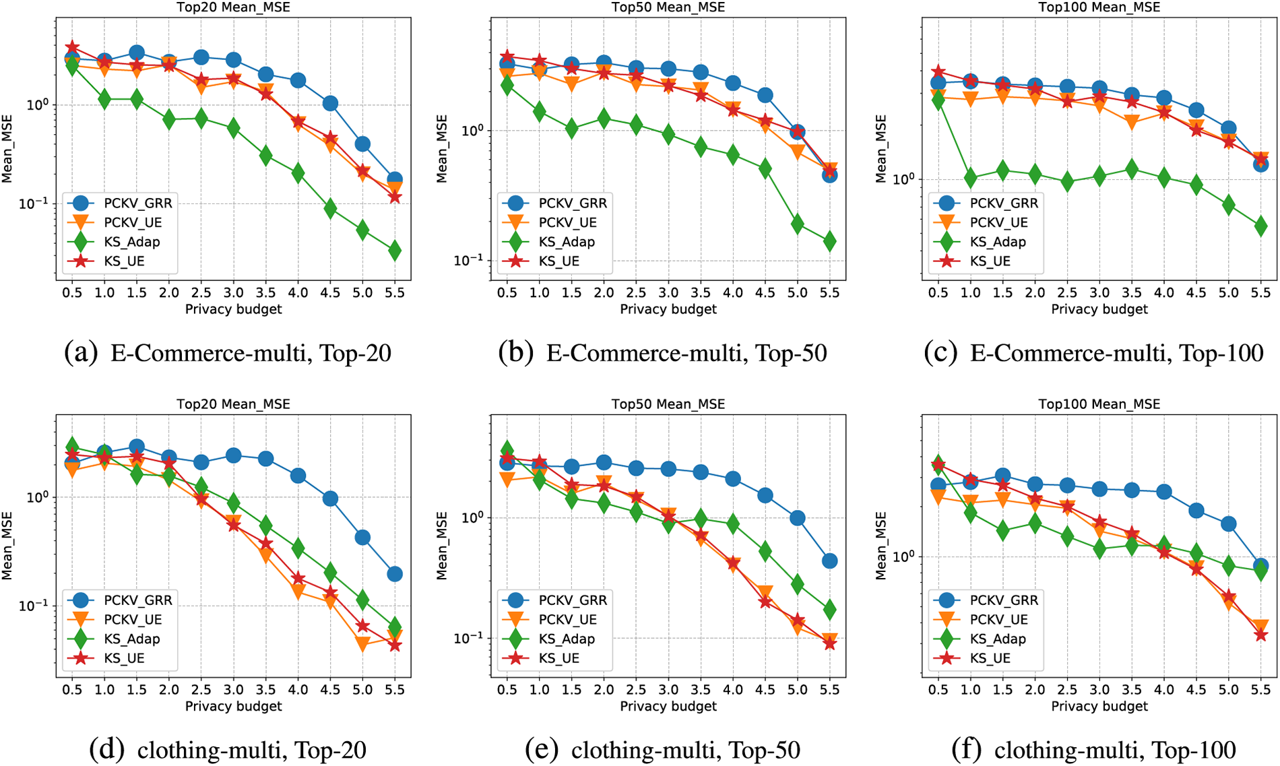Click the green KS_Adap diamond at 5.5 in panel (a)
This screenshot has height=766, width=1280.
coord(395,251)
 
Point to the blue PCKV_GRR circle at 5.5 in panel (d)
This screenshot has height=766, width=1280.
coord(395,574)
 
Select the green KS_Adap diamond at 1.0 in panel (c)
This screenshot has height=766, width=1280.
coord(970,178)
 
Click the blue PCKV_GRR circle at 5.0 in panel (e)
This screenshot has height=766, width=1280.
coord(797,518)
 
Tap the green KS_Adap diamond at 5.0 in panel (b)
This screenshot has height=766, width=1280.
coord(797,224)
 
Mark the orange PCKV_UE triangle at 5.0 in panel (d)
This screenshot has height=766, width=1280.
coord(362,644)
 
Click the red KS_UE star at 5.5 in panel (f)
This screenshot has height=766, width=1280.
coord(1260,635)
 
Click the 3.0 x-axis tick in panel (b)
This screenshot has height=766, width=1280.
coord(668,292)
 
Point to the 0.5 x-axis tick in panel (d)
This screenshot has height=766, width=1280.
coord(72,689)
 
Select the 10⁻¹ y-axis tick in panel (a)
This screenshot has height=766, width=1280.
coord(39,203)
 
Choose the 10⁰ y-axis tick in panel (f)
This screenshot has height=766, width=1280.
coord(905,557)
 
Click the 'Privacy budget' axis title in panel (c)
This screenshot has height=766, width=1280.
coord(1099,309)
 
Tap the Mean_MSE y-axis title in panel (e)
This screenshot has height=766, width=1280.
coord(442,546)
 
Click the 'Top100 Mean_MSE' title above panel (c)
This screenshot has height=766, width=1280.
coord(1099,7)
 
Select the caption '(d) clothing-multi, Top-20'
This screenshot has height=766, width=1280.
coord(228,749)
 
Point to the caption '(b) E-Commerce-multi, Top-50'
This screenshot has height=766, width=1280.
coord(662,352)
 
